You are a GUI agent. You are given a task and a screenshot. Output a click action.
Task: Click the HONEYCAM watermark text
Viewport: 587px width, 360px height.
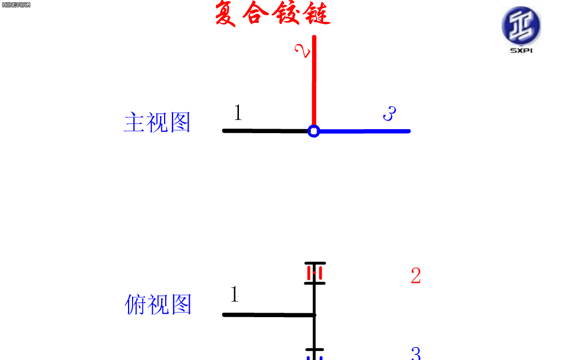click(x=16, y=5)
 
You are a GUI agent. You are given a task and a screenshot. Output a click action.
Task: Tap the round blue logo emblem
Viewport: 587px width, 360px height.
click(x=521, y=26)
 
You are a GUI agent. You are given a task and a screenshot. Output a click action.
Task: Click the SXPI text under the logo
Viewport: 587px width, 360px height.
click(x=521, y=50)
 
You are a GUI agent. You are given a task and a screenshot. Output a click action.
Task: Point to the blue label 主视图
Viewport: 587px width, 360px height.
click(x=157, y=122)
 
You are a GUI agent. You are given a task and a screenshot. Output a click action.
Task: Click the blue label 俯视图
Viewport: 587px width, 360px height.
click(x=158, y=304)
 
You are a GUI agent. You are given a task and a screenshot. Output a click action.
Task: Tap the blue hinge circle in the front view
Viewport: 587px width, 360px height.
click(x=314, y=131)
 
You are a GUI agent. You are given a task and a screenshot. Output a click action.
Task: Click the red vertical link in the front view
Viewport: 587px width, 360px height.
click(x=314, y=81)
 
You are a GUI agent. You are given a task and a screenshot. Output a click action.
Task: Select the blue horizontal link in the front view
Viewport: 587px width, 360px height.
click(x=365, y=131)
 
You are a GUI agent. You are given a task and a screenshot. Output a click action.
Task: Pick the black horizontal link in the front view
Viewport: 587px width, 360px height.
click(x=265, y=131)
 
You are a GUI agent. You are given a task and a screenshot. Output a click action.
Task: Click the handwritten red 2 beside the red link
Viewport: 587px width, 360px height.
click(x=302, y=51)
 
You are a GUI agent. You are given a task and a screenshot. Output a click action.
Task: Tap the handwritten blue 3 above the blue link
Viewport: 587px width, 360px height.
click(x=389, y=113)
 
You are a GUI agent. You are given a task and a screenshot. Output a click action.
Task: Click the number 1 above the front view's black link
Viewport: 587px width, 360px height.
click(x=238, y=112)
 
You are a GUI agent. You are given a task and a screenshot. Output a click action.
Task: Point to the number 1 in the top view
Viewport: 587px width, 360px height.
click(x=234, y=294)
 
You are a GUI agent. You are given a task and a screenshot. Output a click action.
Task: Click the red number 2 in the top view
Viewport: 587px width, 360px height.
click(x=416, y=276)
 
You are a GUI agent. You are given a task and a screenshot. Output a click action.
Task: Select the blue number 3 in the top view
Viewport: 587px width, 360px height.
click(x=416, y=353)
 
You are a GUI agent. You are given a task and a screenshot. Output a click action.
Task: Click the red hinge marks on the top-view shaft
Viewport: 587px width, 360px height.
click(x=314, y=273)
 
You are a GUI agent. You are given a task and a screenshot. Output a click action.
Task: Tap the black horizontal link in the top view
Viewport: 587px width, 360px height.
click(x=269, y=315)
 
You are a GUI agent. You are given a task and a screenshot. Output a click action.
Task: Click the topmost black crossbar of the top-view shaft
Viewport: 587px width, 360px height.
click(x=315, y=263)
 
